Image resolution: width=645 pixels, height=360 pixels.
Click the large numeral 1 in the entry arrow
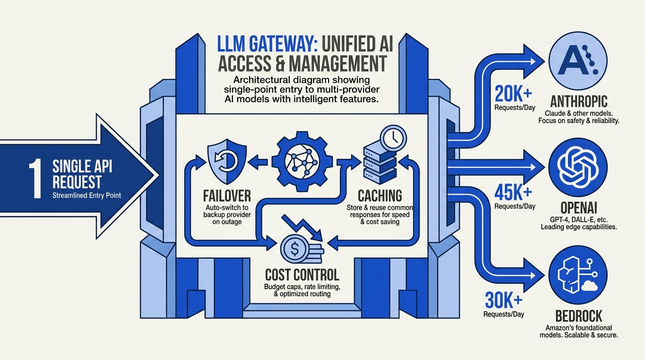coord(36,180)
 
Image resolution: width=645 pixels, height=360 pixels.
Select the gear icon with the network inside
coord(301,162)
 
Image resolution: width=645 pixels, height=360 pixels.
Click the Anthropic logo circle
coord(578,61)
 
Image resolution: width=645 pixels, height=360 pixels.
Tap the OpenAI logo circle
coord(578,167)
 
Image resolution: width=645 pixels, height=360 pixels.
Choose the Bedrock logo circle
coord(578,275)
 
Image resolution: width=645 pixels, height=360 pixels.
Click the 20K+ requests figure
coord(513,94)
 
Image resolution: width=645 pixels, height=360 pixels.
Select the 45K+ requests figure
coord(513,193)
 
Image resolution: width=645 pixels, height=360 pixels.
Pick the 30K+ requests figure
coord(503,300)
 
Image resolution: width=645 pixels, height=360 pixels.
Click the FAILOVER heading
coord(227,196)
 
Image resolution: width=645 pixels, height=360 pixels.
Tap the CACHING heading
coord(380,196)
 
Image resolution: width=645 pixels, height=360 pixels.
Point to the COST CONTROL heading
coord(302,275)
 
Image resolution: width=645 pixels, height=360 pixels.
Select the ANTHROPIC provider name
coord(579,101)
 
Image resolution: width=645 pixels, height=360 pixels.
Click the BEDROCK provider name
coord(579,316)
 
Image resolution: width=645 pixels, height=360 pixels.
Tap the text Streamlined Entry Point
coord(87,195)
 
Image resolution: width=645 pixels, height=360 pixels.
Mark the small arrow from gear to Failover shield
coord(258,162)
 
